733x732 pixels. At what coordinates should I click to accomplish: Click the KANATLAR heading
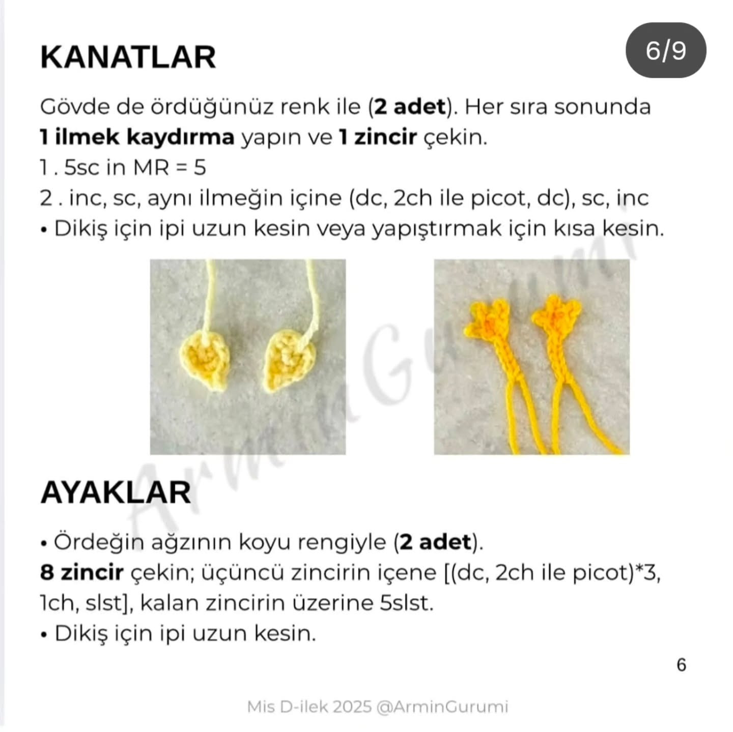point(128,58)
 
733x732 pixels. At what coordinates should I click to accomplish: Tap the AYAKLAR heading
point(115,493)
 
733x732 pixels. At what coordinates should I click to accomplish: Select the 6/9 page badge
point(666,50)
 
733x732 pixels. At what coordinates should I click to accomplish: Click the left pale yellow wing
point(205,361)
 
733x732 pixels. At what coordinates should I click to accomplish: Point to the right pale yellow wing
point(290,361)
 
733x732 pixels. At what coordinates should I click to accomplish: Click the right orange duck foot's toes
point(557,315)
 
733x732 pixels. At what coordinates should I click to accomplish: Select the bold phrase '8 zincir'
point(82,573)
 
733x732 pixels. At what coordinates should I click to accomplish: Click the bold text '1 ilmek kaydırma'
point(137,138)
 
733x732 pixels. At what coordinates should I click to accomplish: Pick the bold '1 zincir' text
point(378,138)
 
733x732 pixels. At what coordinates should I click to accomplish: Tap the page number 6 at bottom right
point(681,665)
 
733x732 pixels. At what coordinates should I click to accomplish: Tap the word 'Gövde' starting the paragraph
point(74,107)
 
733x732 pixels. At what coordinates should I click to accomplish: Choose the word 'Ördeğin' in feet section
point(99,543)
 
